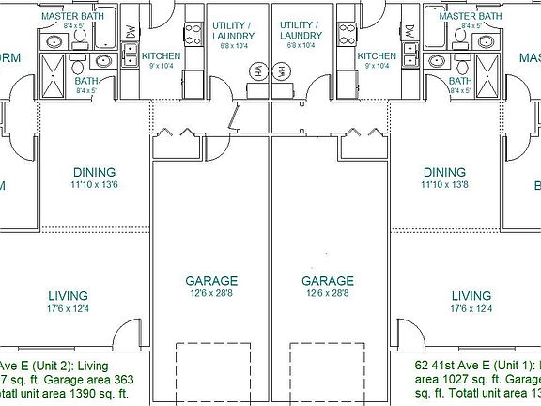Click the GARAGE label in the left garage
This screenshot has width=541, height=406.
pyautogui.click(x=211, y=280)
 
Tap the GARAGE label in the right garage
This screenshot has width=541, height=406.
pyautogui.click(x=328, y=280)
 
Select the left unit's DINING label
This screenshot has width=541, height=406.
pyautogui.click(x=94, y=172)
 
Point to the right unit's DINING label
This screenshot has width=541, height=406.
pyautogui.click(x=444, y=172)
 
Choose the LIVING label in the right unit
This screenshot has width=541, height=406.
pyautogui.click(x=471, y=294)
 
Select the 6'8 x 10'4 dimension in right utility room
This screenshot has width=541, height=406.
pyautogui.click(x=301, y=44)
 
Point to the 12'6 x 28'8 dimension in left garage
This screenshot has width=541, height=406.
pyautogui.click(x=211, y=293)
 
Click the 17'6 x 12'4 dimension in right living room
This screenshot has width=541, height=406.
pyautogui.click(x=471, y=307)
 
